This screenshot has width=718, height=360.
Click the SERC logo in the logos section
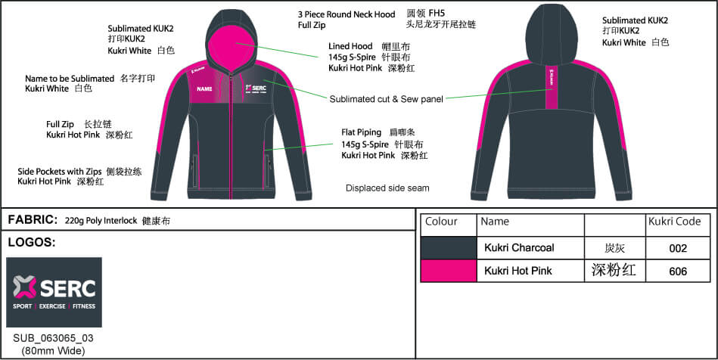tap(54, 292)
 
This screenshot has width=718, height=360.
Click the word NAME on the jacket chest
tap(204, 89)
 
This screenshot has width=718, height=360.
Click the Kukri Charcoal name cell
tap(519, 248)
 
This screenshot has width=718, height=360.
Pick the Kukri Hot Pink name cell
tap(518, 271)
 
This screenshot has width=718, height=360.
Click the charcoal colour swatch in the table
tap(449, 248)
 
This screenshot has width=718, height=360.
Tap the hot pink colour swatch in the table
tap(449, 271)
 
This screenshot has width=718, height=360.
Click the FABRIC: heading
tap(33, 220)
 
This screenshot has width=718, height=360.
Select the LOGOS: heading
tap(31, 243)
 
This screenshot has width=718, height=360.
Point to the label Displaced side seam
tap(387, 188)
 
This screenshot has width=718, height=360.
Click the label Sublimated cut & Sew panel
tap(386, 99)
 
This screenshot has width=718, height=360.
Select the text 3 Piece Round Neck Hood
tap(347, 14)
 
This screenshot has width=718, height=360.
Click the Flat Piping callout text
tap(362, 132)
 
